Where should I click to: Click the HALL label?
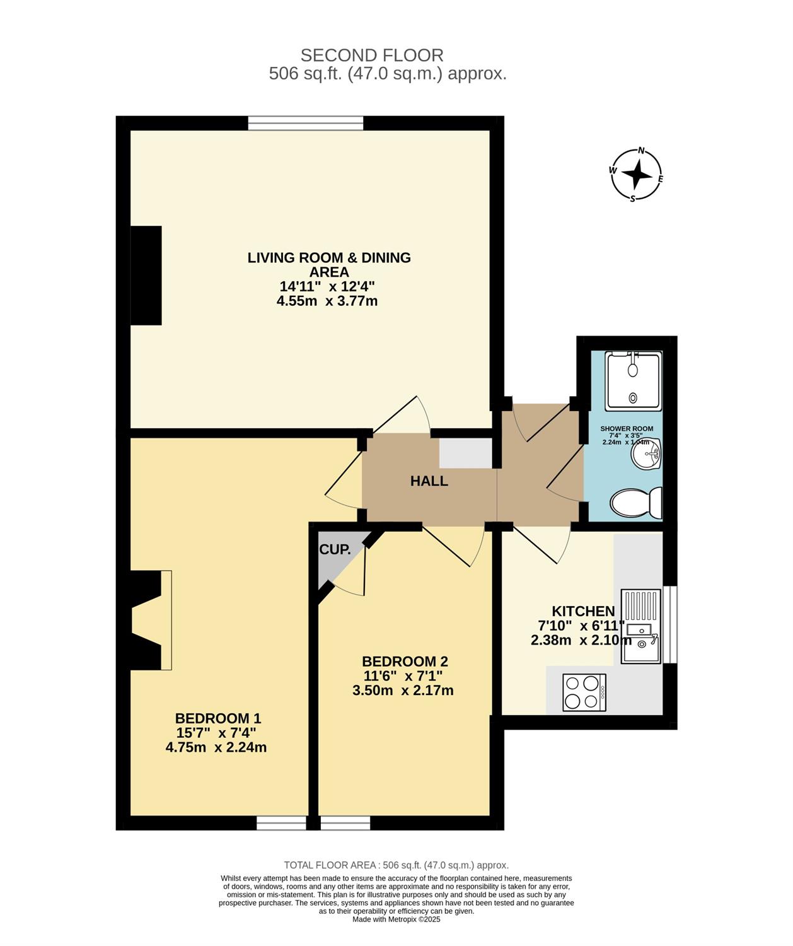[429, 481]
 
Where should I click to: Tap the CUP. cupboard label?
[335, 549]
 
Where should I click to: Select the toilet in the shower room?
[636, 503]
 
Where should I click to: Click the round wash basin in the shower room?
[646, 453]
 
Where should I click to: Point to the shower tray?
[633, 380]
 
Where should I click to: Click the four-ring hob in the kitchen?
[584, 692]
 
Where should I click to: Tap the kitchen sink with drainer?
[640, 627]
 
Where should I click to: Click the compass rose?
[636, 174]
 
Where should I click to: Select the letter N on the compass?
[641, 151]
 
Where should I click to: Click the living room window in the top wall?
[306, 123]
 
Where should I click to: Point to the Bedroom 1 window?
[281, 823]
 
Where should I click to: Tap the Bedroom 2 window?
[345, 823]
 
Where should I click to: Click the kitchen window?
[670, 625]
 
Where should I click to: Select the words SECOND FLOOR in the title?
[372, 55]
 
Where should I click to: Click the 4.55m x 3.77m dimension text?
[327, 301]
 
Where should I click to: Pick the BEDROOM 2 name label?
[405, 662]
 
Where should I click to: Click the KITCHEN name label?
[583, 611]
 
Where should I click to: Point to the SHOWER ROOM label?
[627, 429]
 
